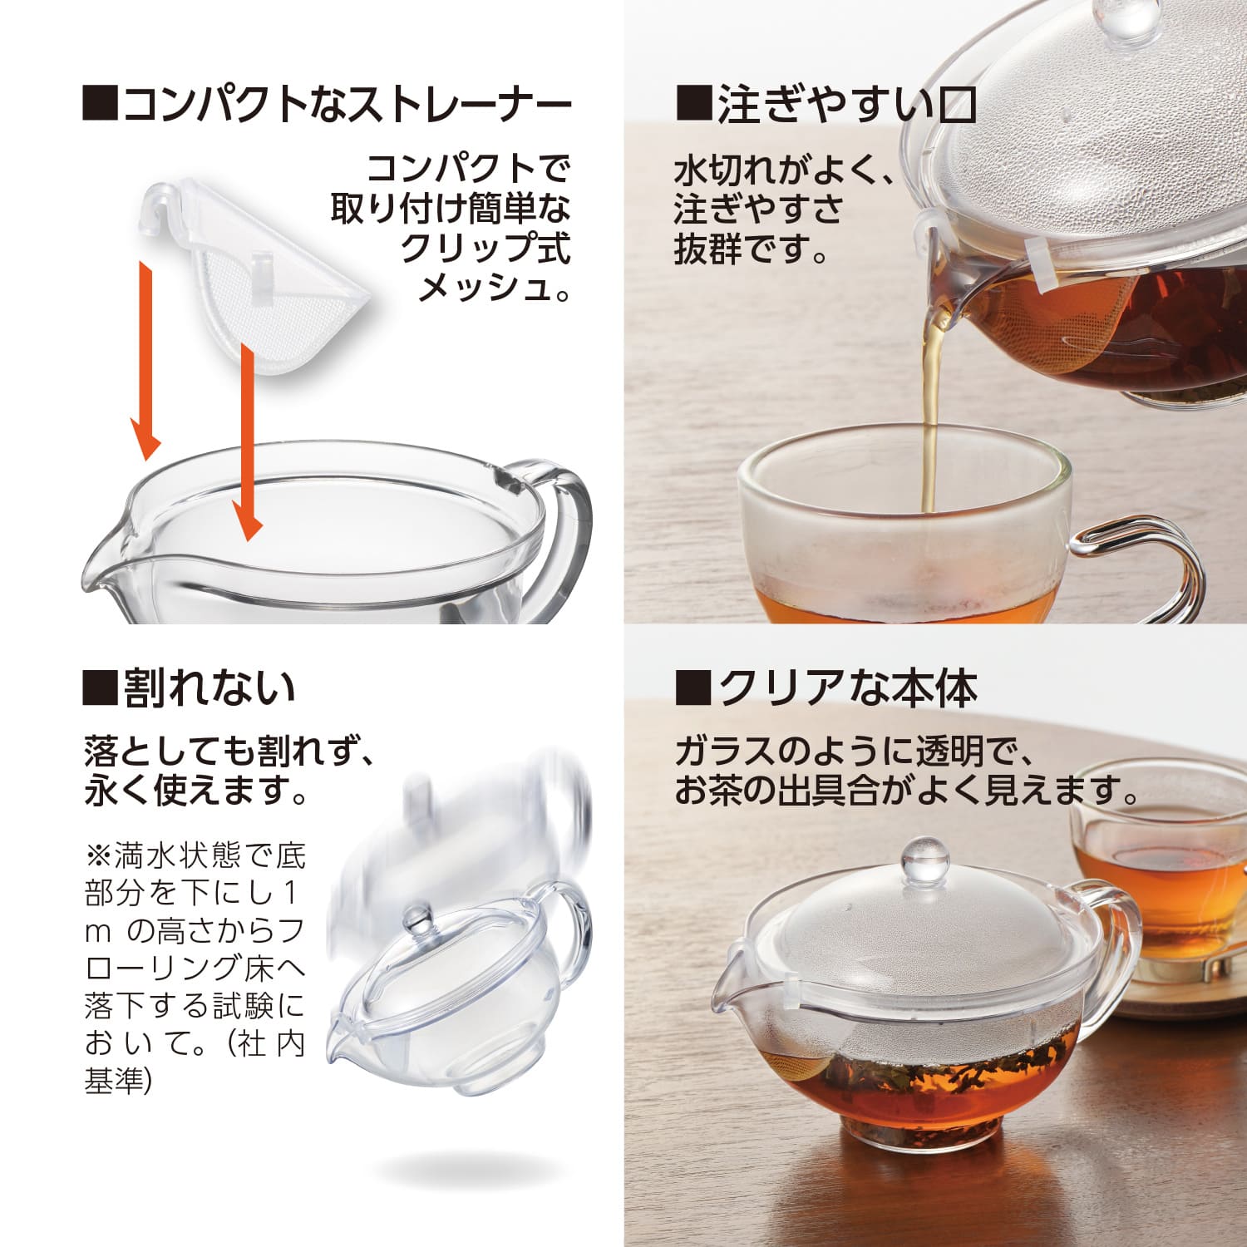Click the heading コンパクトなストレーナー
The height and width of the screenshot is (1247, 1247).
pyautogui.click(x=328, y=106)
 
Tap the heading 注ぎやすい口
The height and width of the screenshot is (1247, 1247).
pyautogui.click(x=825, y=106)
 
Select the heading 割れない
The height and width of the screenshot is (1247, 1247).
pyautogui.click(x=189, y=688)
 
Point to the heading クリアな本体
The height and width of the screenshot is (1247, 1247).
pyautogui.click(x=826, y=688)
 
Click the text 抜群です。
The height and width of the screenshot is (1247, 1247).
pyautogui.click(x=751, y=248)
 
